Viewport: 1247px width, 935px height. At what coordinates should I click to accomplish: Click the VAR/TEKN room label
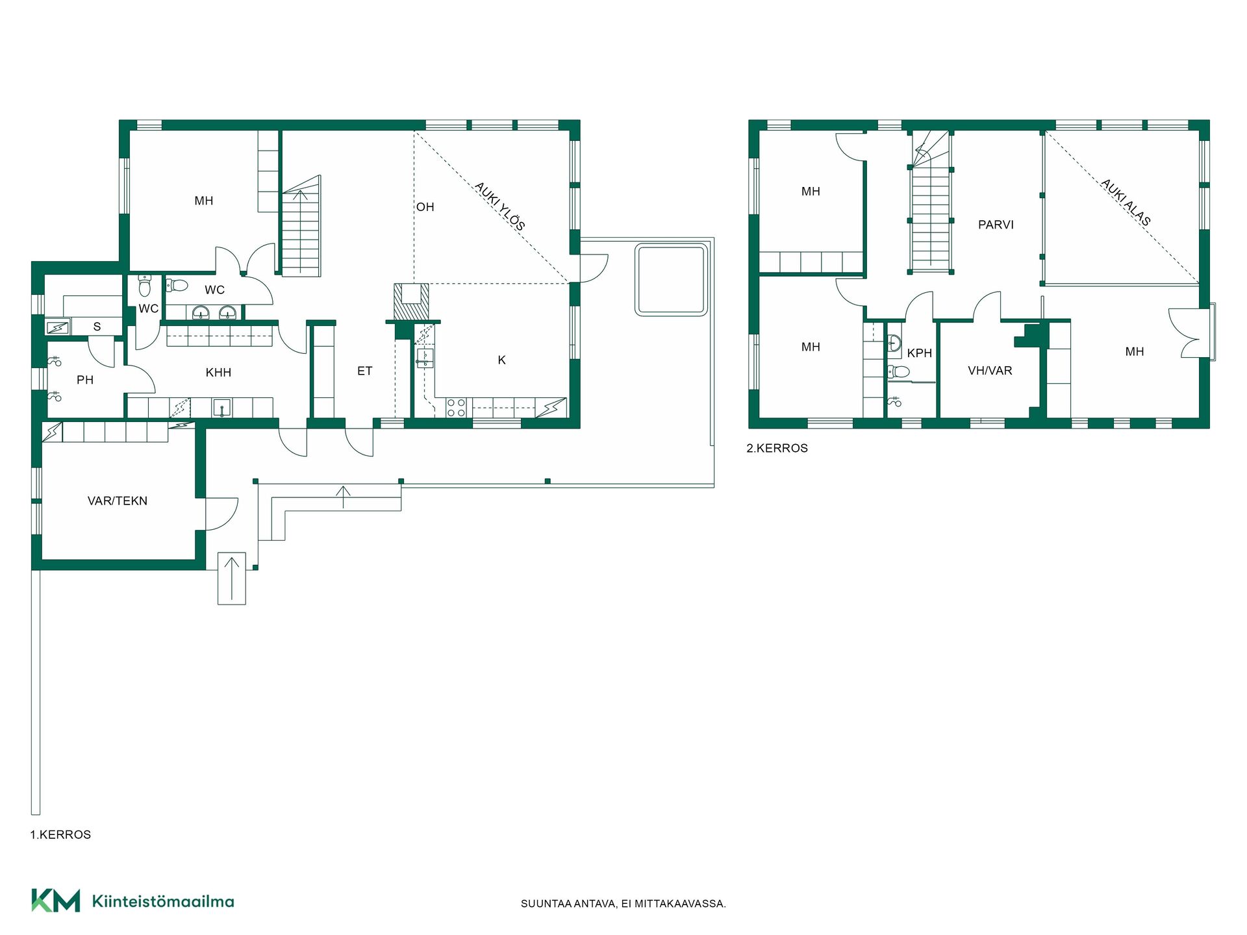[118, 501]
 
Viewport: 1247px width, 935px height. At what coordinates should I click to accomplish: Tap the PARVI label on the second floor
[996, 225]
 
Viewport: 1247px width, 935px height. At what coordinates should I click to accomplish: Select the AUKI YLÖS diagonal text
[499, 206]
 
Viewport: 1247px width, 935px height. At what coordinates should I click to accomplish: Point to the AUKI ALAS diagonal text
[1126, 202]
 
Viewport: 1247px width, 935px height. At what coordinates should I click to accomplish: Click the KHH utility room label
[218, 372]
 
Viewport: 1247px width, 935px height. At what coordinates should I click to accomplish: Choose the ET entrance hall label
[364, 371]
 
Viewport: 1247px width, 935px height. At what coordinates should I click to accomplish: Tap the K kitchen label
[501, 360]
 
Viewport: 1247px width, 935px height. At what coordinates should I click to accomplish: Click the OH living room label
[425, 207]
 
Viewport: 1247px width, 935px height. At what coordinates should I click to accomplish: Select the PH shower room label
[85, 380]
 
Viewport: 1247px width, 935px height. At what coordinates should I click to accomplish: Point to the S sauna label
[97, 327]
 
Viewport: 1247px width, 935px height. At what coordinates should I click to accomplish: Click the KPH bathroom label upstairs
[920, 353]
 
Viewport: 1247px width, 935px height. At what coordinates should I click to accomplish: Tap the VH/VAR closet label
[990, 371]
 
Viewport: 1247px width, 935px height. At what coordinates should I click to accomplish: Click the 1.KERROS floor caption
[60, 834]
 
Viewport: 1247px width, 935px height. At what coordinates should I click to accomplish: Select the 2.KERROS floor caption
[777, 448]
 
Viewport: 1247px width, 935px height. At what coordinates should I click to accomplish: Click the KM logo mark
[56, 901]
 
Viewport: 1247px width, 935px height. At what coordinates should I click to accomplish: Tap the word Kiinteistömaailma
[163, 901]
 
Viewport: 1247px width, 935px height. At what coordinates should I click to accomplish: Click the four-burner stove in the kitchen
[456, 407]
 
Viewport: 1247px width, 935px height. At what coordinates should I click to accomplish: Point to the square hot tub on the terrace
[672, 280]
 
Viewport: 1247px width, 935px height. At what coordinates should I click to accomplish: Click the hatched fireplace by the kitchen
[411, 301]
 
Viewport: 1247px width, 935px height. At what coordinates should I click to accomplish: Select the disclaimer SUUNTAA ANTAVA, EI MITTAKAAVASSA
[623, 903]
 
